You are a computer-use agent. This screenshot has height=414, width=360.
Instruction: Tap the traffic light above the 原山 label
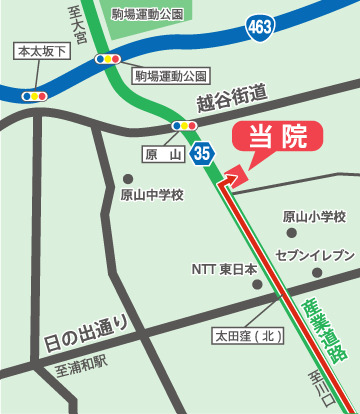click(x=184, y=125)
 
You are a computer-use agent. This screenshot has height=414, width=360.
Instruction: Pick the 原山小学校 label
click(x=314, y=217)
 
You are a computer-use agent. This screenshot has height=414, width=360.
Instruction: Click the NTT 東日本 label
click(x=224, y=268)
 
